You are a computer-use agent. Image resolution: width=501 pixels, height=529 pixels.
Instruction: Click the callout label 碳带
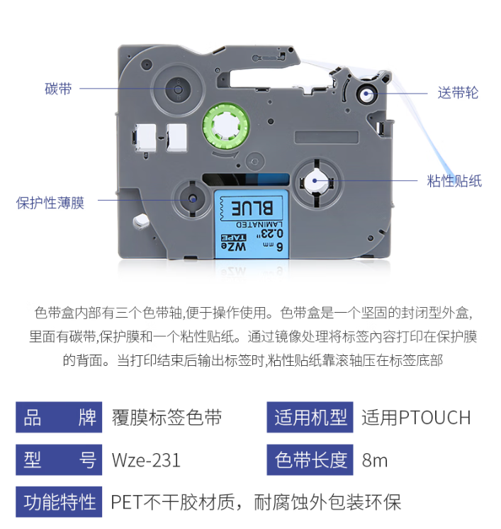58,89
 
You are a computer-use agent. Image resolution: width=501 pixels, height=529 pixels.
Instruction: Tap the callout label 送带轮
458,92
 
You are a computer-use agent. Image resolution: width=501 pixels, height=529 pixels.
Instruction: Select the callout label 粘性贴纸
454,181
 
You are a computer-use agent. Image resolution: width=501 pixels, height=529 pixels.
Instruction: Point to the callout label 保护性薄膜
50,203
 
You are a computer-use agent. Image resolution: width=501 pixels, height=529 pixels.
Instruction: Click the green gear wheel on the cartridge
226,126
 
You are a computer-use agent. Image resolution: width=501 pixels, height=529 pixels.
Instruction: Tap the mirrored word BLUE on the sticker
252,208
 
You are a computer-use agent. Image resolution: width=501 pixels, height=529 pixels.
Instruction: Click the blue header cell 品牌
59,418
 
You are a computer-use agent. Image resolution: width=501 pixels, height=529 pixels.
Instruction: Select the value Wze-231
146,460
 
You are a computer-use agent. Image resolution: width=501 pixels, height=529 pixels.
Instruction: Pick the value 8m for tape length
375,460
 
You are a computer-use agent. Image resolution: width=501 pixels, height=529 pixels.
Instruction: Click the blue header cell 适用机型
310,418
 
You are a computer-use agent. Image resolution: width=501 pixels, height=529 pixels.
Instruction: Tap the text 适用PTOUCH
416,418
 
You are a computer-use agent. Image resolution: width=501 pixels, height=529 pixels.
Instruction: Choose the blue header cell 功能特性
59,501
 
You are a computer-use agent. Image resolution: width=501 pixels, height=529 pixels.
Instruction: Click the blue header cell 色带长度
310,460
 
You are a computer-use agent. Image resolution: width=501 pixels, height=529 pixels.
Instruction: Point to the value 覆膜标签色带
167,418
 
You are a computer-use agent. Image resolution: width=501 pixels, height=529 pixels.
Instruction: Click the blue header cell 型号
59,460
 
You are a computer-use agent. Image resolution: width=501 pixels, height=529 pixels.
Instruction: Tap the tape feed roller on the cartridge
366,94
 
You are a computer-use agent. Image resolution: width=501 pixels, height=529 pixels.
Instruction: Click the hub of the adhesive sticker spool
315,181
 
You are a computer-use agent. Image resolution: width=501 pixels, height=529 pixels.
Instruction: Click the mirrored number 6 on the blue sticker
280,247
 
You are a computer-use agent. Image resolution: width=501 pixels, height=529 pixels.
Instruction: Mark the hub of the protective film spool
193,199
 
